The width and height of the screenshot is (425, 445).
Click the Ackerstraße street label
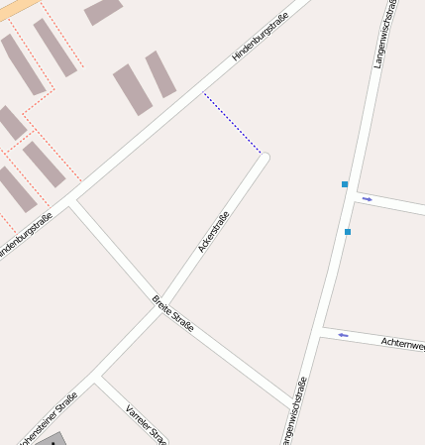pos(214,232)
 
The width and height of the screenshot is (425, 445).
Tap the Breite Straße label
pos(173,313)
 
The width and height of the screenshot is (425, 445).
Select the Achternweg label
pos(403,342)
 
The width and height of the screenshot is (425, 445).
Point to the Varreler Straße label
pos(146,423)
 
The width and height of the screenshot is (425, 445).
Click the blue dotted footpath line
pos(233,124)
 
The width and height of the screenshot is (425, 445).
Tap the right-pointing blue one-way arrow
pos(367,199)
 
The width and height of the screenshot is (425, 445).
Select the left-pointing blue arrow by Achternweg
pos(343,335)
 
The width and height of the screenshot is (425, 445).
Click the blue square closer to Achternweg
pos(348,232)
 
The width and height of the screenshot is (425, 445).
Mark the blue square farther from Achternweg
pos(345,184)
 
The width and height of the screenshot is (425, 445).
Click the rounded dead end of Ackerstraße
pos(264,157)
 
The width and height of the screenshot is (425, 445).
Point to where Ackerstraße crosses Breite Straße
pos(163,300)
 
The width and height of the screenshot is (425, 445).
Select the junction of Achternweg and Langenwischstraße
pos(322,329)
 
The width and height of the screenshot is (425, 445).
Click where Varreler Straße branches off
pos(98,376)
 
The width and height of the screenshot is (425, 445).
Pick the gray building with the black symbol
pos(51,439)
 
